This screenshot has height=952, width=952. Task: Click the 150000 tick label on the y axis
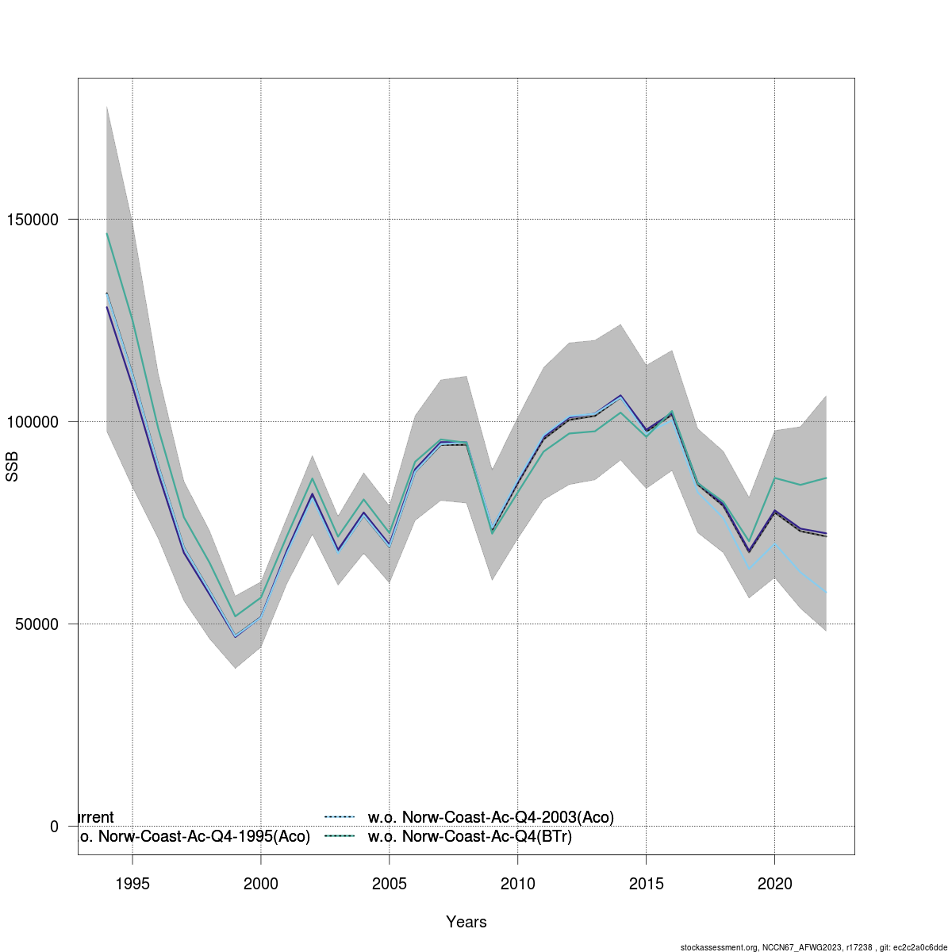coord(33,219)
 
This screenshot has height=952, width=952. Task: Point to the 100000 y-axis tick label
coord(33,421)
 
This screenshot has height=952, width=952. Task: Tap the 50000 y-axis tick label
coord(36,624)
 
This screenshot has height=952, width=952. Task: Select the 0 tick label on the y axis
coord(54,827)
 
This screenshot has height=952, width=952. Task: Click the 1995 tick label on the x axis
coord(132,884)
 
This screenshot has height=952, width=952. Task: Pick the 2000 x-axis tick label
coord(261,884)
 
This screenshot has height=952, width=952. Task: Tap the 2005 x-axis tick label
coord(390,884)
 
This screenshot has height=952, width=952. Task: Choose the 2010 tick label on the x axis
coord(517,884)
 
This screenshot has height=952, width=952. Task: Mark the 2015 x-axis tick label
coord(646,884)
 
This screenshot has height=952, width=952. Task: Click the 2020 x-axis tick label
coord(774,884)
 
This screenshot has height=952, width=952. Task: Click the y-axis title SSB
coord(12,466)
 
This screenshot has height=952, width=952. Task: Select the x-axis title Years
coord(466,922)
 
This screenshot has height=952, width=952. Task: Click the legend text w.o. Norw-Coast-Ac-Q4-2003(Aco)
coord(491,817)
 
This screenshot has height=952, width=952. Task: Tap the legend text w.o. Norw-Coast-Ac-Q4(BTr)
coord(470,836)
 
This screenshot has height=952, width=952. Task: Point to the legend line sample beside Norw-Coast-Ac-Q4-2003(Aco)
coord(340,817)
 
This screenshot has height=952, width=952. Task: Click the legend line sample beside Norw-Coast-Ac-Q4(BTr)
coord(340,836)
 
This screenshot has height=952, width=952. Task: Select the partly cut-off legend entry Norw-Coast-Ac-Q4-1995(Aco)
coord(194,836)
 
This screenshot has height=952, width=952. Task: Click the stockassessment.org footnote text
coord(814,947)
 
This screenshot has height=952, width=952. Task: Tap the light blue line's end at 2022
coord(826,593)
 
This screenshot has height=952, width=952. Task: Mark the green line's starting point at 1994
coord(107,233)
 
